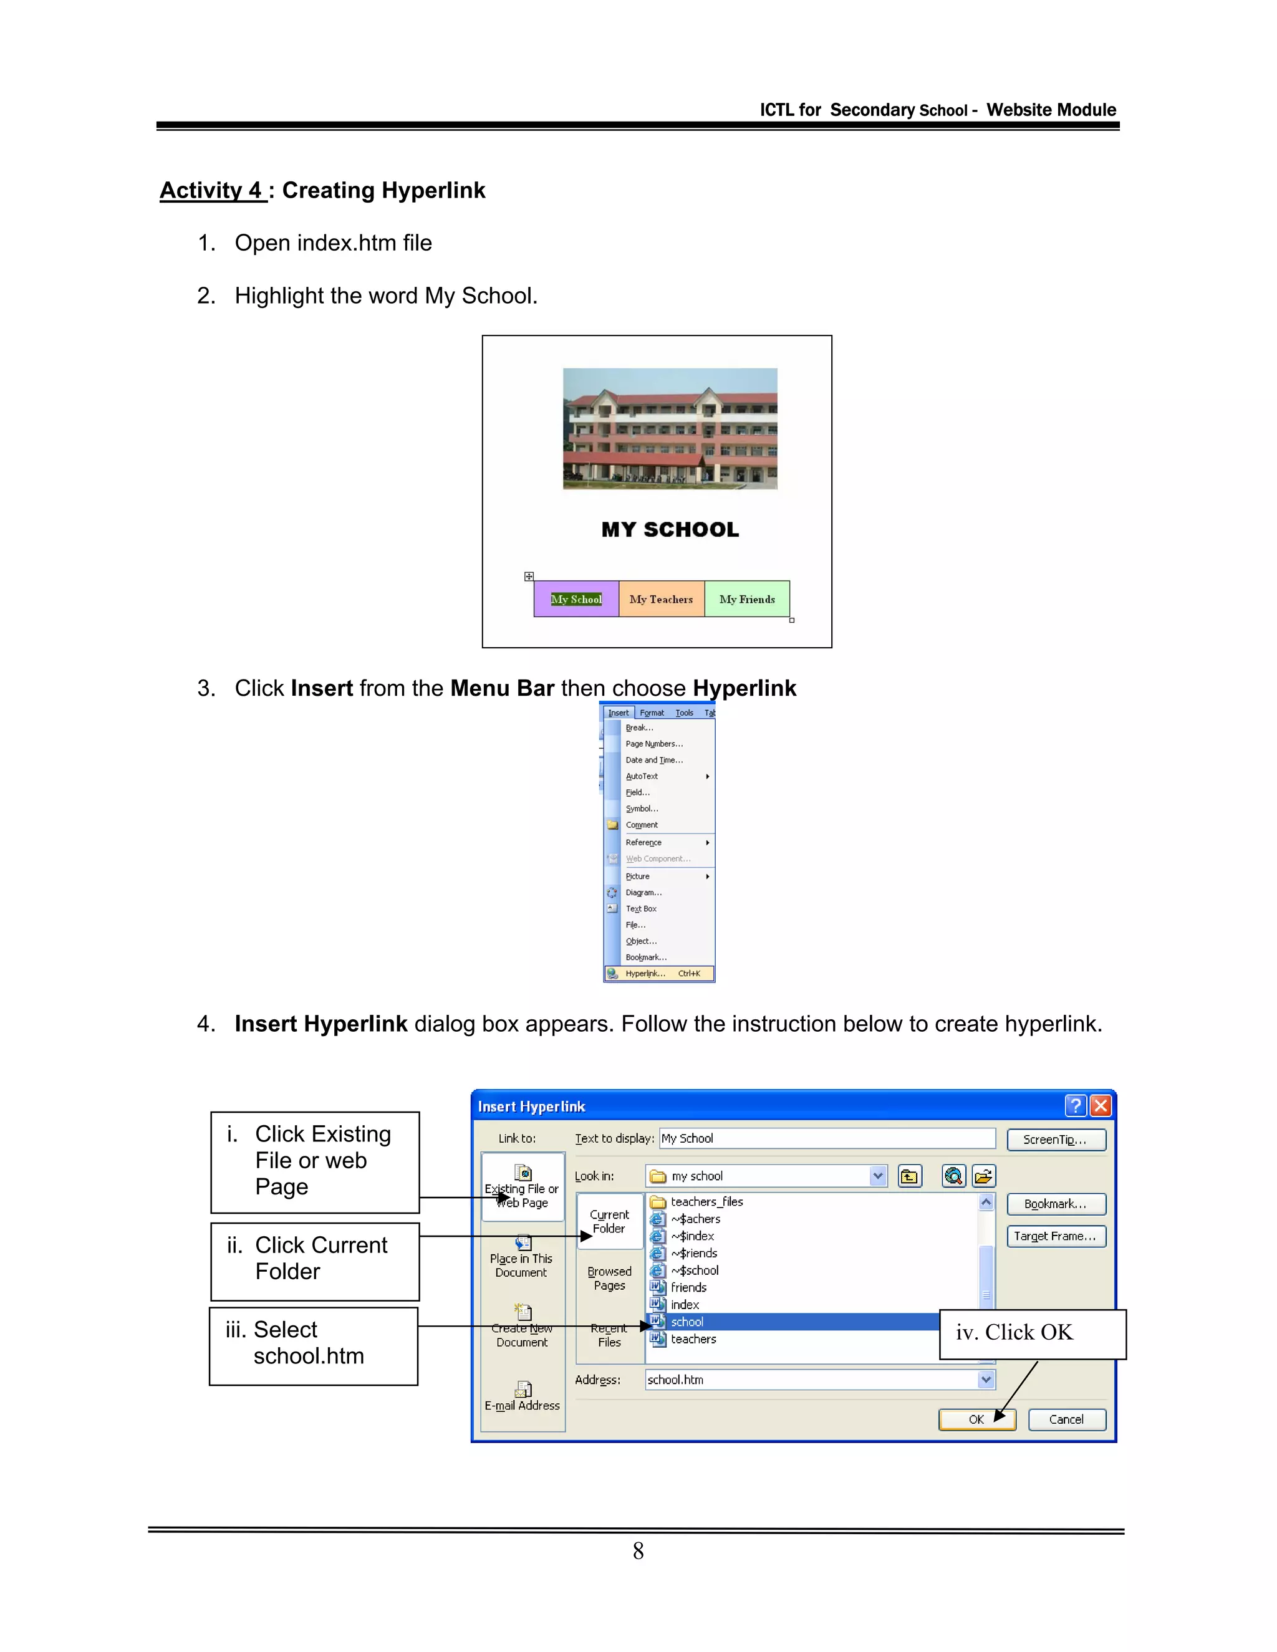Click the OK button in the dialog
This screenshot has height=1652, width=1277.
pyautogui.click(x=976, y=1419)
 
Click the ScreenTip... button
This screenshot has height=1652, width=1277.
pyautogui.click(x=1056, y=1140)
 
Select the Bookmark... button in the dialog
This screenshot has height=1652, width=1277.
pyautogui.click(x=1056, y=1204)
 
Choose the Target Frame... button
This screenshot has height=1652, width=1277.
pyautogui.click(x=1056, y=1236)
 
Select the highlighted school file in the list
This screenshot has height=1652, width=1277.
pyautogui.click(x=794, y=1322)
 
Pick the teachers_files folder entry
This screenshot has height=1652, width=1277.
pyautogui.click(x=706, y=1202)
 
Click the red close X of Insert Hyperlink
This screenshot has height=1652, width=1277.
pyautogui.click(x=1101, y=1106)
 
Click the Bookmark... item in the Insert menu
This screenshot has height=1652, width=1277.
pyautogui.click(x=645, y=957)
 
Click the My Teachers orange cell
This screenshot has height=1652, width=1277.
pyautogui.click(x=661, y=599)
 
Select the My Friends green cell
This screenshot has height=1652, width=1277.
pyautogui.click(x=746, y=599)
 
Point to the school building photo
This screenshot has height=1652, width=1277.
pyautogui.click(x=670, y=428)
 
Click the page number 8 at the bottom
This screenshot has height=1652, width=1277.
pyautogui.click(x=638, y=1552)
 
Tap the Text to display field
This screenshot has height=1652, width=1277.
pyautogui.click(x=827, y=1138)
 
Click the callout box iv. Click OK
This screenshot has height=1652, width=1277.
pyautogui.click(x=1032, y=1334)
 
